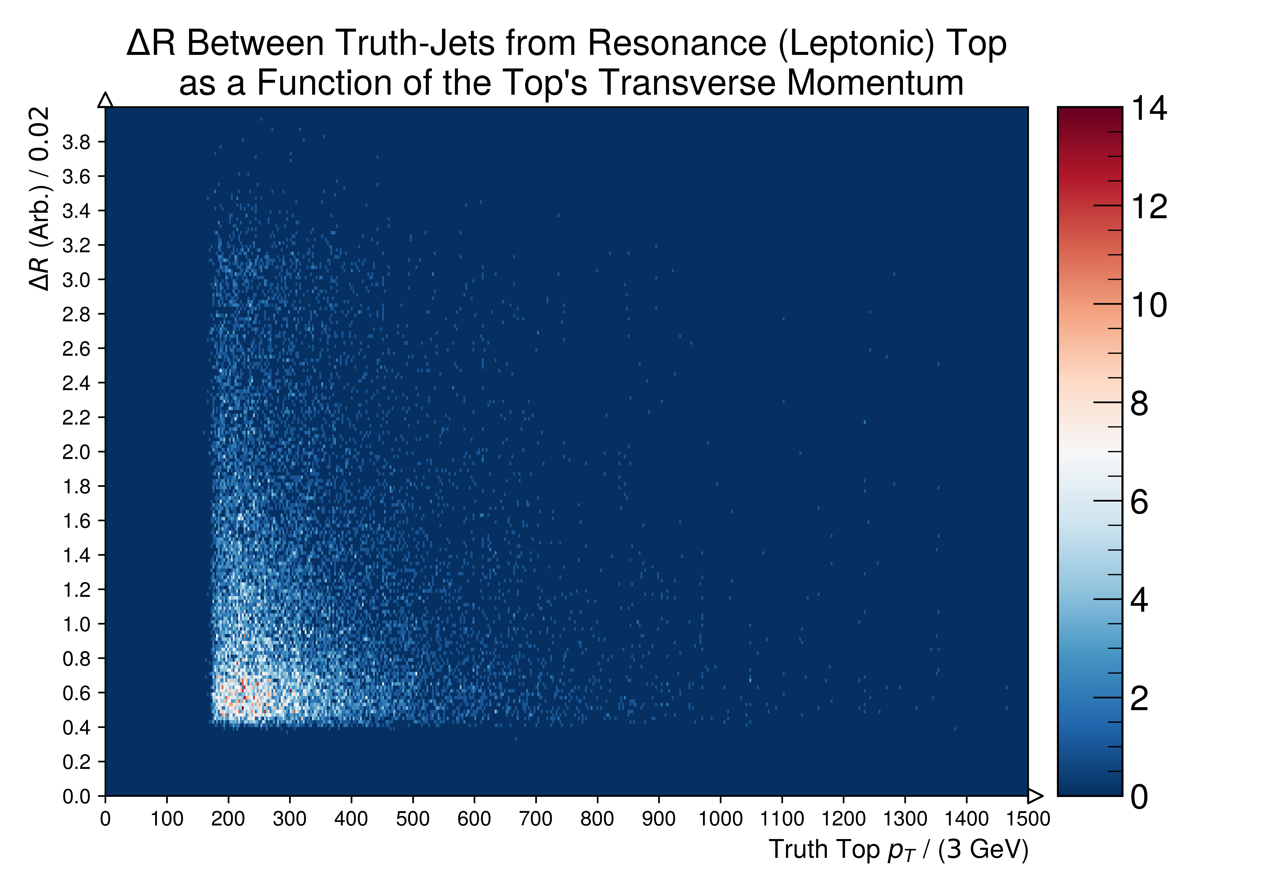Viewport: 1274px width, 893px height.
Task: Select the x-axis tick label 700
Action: [535, 819]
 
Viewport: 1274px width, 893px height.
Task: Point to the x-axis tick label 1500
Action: [1028, 819]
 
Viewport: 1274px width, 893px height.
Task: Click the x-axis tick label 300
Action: [290, 819]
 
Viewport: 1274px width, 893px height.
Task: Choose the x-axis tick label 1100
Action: [782, 819]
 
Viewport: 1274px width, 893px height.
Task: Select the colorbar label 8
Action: [1139, 404]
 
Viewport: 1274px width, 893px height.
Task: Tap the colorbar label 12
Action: [1149, 207]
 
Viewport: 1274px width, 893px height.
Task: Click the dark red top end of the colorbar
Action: [1090, 111]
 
